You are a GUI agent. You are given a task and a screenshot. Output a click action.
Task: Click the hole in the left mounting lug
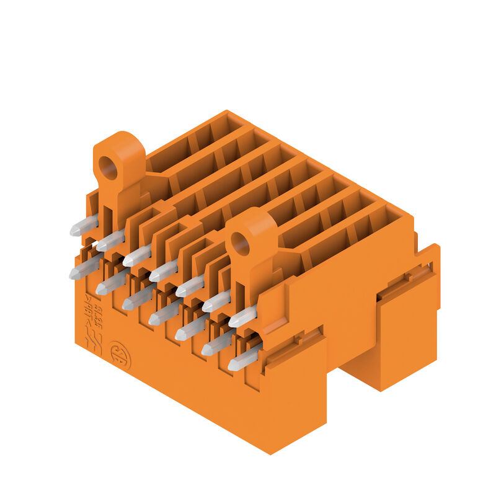109,167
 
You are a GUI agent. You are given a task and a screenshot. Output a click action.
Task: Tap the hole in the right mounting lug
241,244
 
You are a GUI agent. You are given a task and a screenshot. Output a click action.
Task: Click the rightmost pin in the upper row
242,317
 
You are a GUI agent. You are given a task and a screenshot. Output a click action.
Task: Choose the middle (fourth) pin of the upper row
163,271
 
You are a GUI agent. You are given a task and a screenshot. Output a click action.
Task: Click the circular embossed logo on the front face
120,355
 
